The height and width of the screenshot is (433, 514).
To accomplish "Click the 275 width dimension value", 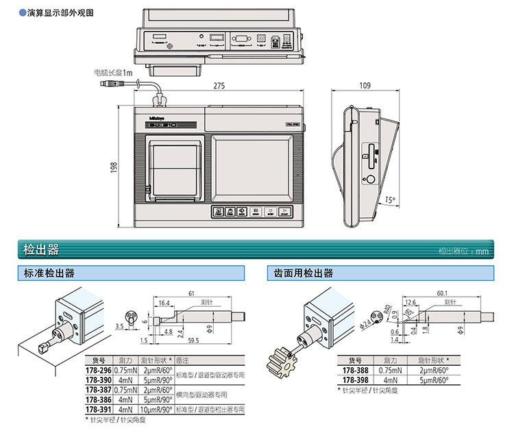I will click(219, 86).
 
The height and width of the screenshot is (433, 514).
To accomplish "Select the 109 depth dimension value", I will click(364, 86).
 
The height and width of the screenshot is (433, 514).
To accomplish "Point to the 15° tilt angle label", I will click(390, 200).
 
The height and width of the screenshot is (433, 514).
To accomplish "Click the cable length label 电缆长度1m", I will click(113, 71).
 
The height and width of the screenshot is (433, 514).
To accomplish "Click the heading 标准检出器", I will click(50, 273).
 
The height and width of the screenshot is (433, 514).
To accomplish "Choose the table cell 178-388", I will click(351, 368).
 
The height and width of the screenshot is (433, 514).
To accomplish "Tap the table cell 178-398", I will click(351, 378).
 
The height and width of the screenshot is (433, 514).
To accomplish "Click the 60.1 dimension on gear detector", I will click(441, 293).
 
